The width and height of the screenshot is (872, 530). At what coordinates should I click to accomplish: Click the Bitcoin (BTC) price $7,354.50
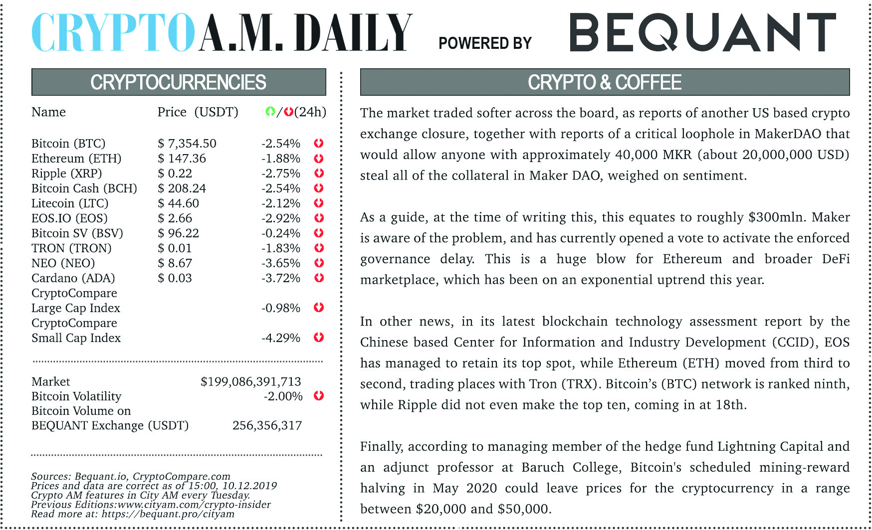[x=187, y=144]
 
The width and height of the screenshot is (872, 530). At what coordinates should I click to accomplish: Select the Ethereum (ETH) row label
[x=76, y=159]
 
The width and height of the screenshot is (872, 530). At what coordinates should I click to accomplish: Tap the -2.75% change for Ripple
[x=281, y=174]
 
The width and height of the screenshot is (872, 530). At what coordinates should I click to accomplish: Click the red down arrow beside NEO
[x=319, y=263]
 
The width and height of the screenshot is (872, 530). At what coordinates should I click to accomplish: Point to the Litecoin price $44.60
[x=178, y=203]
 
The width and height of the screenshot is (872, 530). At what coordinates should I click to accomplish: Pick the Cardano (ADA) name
[x=73, y=278]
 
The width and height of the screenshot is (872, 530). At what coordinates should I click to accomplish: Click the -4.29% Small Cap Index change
[x=281, y=338]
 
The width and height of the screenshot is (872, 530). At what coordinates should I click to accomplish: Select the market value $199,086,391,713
[x=250, y=382]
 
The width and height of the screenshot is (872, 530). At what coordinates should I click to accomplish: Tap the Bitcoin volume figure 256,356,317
[x=267, y=426]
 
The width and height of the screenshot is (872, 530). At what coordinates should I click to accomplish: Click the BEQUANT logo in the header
[x=702, y=32]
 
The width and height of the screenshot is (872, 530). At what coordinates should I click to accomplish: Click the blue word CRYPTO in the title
[x=113, y=33]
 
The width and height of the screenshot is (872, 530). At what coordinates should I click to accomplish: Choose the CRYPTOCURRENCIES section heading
[x=178, y=82]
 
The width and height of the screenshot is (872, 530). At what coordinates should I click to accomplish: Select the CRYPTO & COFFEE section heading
[x=605, y=82]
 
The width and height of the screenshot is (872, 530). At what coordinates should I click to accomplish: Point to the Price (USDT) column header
[x=198, y=112]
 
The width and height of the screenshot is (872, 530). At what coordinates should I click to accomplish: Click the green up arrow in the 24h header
[x=270, y=112]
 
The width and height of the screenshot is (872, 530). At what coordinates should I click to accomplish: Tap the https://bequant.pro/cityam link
[x=168, y=514]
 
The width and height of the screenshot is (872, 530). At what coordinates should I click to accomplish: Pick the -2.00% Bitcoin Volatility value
[x=283, y=396]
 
